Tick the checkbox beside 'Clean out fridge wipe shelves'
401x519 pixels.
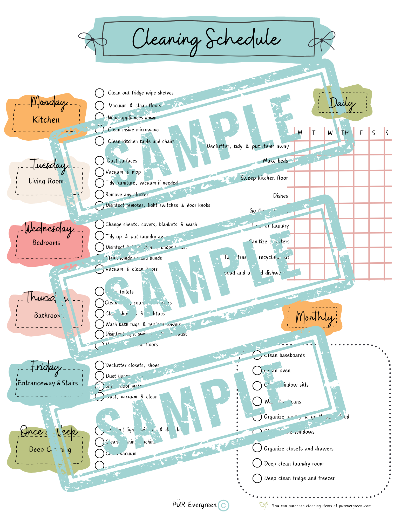click(99, 93)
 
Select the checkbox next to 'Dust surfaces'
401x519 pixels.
click(99, 161)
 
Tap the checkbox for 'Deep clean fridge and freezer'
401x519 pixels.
click(257, 478)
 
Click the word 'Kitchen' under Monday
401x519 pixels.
click(46, 120)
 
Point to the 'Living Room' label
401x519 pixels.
click(46, 181)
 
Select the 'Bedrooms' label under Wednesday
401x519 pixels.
click(46, 243)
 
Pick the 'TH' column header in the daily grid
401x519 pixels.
click(345, 133)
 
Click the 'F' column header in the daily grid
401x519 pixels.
click(361, 133)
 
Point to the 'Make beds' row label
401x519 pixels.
click(275, 161)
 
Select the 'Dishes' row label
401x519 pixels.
click(280, 196)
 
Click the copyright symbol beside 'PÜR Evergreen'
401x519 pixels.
click(223, 506)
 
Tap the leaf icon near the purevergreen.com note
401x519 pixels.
click(263, 505)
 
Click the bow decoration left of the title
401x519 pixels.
click(92, 40)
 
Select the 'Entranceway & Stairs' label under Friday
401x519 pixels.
click(48, 383)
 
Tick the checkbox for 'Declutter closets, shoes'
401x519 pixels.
click(99, 365)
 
